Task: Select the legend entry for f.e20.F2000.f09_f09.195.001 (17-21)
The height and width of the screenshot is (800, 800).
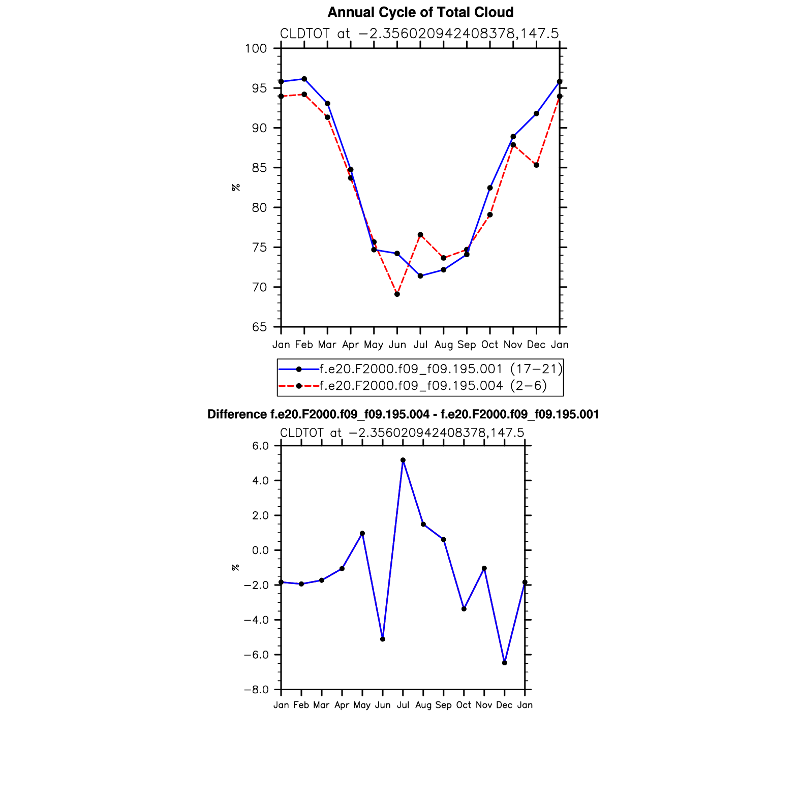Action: [x=440, y=369]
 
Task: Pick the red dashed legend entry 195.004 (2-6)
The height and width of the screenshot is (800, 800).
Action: [x=433, y=386]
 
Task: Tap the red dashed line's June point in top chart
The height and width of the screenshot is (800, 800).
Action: [x=397, y=294]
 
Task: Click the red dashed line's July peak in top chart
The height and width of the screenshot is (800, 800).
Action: [x=420, y=235]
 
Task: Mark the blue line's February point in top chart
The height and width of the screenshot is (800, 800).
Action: [x=304, y=79]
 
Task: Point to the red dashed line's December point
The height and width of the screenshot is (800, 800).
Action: [x=536, y=165]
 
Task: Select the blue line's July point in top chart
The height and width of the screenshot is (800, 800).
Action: [x=420, y=276]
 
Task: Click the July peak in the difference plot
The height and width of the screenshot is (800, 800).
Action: [x=403, y=460]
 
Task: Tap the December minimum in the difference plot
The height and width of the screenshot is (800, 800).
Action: [x=504, y=663]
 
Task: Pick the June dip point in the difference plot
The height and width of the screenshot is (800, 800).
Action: [x=383, y=639]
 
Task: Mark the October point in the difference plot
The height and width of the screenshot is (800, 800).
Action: [x=464, y=609]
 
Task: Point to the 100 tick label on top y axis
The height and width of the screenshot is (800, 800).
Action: [x=256, y=49]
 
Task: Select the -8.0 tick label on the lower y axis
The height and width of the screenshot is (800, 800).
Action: [x=256, y=690]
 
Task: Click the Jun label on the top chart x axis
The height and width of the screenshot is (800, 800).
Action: [x=397, y=345]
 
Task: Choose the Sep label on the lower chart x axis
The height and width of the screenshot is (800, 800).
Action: [x=443, y=705]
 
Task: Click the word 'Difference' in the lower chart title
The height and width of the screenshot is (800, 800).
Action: [x=237, y=415]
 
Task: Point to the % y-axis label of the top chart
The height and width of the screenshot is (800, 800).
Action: [x=236, y=188]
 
